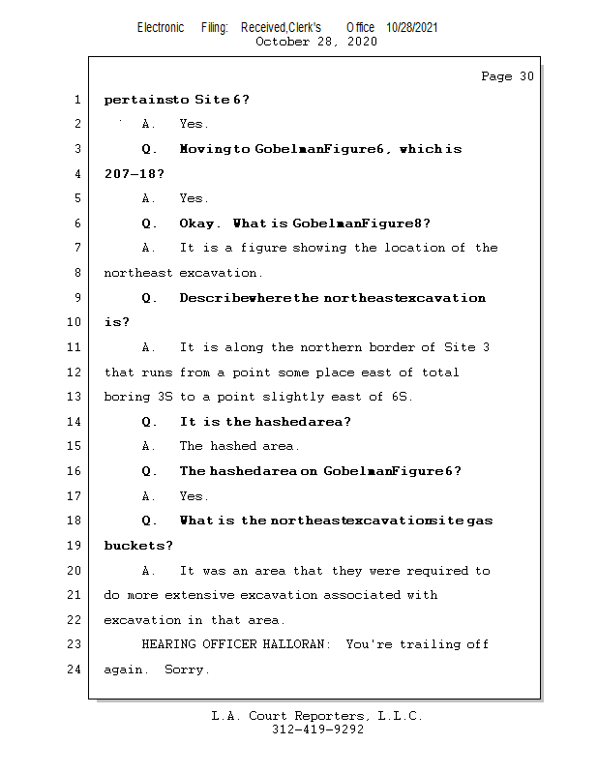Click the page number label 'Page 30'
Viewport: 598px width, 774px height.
tap(507, 76)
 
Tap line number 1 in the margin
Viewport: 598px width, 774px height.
tap(76, 100)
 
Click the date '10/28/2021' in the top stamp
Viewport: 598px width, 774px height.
tap(412, 28)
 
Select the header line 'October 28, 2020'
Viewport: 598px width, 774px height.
tap(316, 42)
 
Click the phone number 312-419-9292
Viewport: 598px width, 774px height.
tap(317, 730)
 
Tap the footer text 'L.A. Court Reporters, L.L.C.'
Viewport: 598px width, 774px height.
tap(317, 717)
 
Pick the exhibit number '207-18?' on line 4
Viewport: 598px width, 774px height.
tap(134, 174)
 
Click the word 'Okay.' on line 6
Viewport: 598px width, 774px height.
tap(200, 223)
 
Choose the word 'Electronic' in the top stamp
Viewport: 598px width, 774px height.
tap(161, 28)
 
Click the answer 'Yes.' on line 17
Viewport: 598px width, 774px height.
tap(194, 496)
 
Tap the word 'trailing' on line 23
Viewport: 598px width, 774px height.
tap(429, 644)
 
